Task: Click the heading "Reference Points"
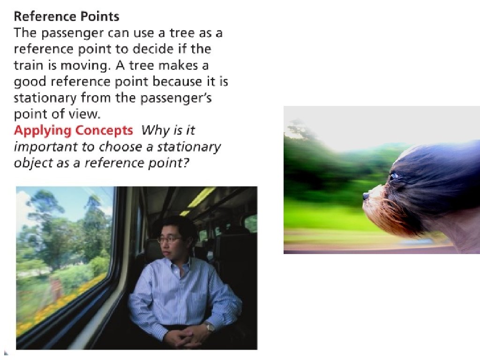click(67, 16)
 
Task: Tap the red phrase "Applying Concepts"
click(74, 131)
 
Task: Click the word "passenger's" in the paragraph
click(176, 98)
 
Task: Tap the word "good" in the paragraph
click(30, 82)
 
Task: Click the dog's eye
click(393, 176)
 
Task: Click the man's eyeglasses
click(170, 239)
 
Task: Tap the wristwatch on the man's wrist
click(210, 327)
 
